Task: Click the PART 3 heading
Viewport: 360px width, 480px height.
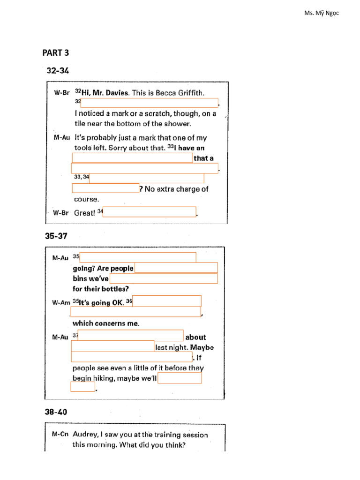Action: coord(56,52)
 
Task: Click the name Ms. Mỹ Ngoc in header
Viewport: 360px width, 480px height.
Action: coord(322,13)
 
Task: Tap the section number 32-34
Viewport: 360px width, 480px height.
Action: coord(58,71)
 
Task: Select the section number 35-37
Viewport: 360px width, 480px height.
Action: coord(56,236)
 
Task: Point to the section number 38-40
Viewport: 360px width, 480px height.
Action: coord(56,412)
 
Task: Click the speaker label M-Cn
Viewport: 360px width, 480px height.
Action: coord(60,435)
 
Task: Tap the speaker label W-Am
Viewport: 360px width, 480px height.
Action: coord(60,302)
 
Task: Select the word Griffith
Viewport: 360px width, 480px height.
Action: coord(191,93)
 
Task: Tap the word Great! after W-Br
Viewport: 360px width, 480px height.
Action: coord(84,213)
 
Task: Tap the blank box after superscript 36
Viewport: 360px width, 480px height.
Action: coord(167,301)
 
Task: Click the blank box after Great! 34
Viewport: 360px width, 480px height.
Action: coord(149,212)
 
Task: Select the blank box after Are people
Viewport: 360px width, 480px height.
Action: coord(176,268)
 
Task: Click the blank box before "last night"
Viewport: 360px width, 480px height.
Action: coord(112,346)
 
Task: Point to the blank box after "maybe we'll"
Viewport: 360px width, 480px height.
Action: coord(180,378)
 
